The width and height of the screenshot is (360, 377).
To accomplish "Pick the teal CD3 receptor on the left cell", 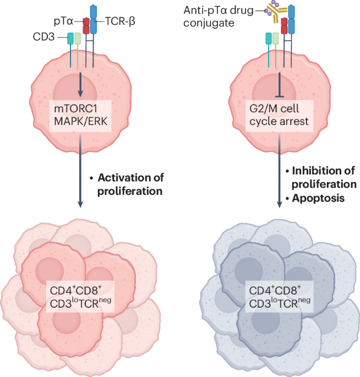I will coord(70,39).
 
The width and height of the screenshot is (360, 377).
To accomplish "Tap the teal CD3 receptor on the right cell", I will coord(269,39).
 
